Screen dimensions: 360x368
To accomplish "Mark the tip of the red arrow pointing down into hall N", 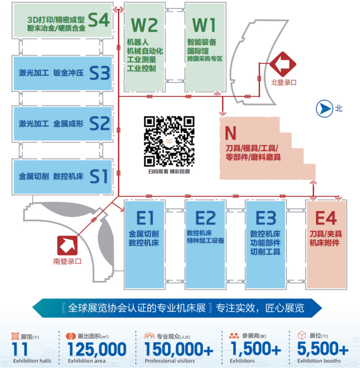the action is [x=223, y=116].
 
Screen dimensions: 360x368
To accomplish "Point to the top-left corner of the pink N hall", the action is [x=220, y=117].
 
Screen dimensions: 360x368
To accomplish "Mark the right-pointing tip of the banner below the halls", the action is [x=322, y=308].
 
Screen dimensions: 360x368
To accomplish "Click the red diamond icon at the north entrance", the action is [x=283, y=64].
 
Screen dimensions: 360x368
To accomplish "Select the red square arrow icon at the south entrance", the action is [x=67, y=246].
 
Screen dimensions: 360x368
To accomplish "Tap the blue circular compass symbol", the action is [x=325, y=109].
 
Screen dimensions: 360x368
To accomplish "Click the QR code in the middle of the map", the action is [x=169, y=141].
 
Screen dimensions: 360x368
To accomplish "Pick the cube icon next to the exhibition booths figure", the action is [x=302, y=335].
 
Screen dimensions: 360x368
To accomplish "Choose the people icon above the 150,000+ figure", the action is [x=149, y=336].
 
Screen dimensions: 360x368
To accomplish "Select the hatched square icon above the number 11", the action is [x=15, y=336].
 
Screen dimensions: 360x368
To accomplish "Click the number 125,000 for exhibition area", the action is [x=97, y=349].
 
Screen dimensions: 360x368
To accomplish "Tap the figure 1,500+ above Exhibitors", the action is [x=256, y=349].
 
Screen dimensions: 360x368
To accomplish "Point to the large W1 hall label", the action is [x=204, y=25].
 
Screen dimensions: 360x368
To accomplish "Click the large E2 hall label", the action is [x=206, y=218].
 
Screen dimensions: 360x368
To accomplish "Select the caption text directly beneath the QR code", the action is [x=169, y=171].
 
